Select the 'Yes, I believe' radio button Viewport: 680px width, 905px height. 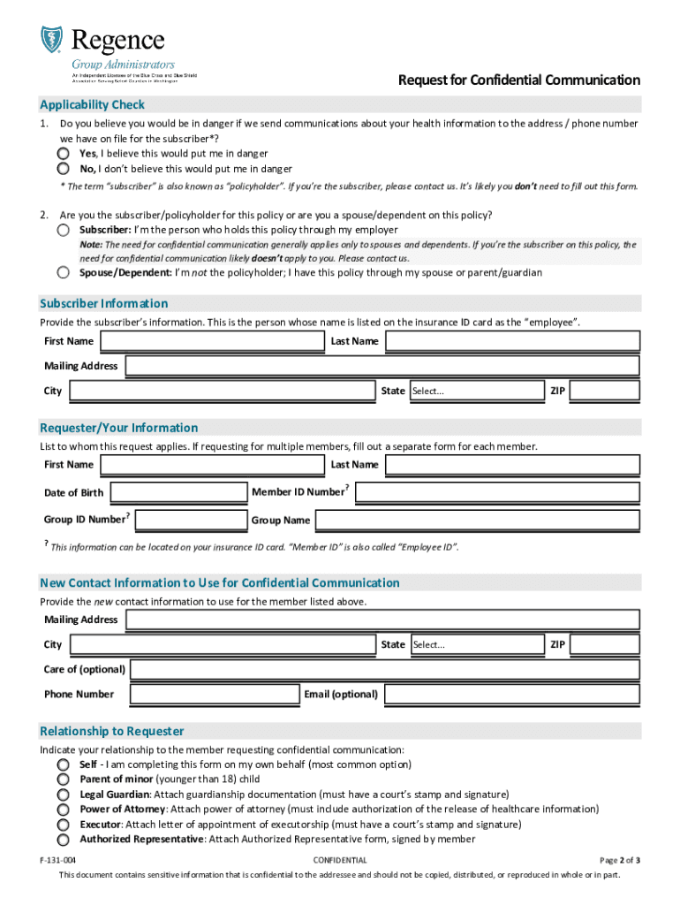(x=64, y=153)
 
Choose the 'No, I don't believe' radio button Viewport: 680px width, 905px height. (x=64, y=168)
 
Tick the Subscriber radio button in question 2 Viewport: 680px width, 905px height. (x=64, y=230)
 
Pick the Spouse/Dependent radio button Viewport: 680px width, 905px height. (x=64, y=272)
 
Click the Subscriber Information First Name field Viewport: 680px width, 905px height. (x=212, y=341)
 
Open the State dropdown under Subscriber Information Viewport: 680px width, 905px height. (x=477, y=391)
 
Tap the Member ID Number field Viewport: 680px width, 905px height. (x=497, y=492)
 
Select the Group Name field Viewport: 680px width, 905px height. (x=478, y=520)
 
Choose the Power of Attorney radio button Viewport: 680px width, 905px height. (x=64, y=810)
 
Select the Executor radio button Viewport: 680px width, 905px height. (x=64, y=825)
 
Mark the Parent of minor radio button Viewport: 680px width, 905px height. (x=64, y=780)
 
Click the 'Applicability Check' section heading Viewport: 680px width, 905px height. (x=93, y=105)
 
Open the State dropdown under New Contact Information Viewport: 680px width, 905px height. (x=477, y=645)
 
